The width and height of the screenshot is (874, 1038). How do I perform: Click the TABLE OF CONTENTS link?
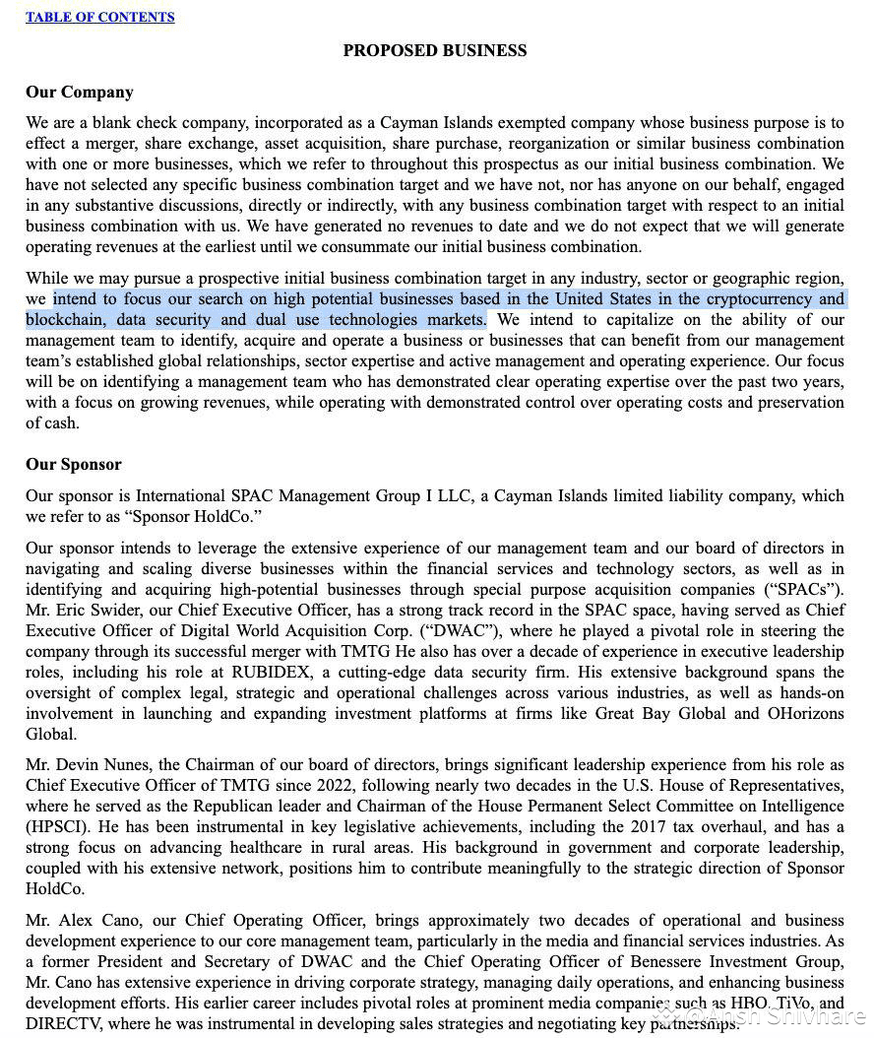(x=100, y=17)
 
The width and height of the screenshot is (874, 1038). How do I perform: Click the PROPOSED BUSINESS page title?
(x=434, y=50)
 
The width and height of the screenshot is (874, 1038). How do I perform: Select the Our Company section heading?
(x=80, y=92)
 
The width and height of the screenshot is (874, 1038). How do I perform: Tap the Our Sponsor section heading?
(x=74, y=464)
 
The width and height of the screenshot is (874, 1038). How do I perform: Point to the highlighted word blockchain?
(x=66, y=319)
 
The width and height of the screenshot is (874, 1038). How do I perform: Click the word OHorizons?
(x=804, y=713)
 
